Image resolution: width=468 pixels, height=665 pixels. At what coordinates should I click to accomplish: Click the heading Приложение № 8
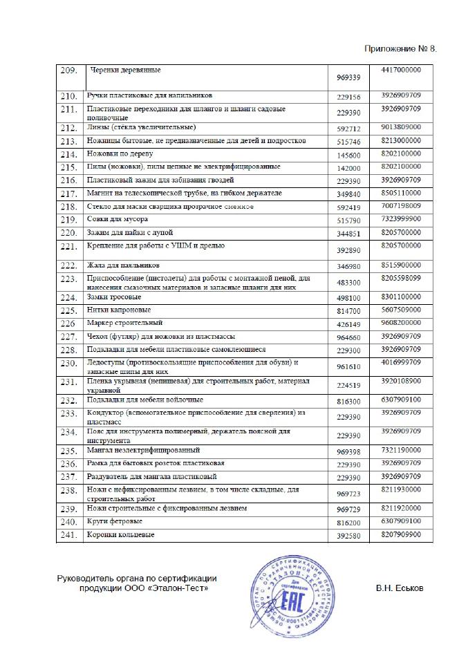pyautogui.click(x=401, y=50)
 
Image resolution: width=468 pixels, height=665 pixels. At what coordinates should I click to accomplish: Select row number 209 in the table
pyautogui.click(x=68, y=70)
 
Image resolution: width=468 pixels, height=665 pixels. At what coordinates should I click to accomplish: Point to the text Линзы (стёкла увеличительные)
pyautogui.click(x=142, y=127)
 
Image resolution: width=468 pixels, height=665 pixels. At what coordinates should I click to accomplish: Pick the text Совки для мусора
pyautogui.click(x=117, y=220)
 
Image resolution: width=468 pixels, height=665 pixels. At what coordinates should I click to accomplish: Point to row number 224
pyautogui.click(x=68, y=297)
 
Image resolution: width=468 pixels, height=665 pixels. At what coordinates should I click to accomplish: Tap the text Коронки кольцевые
pyautogui.click(x=120, y=535)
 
